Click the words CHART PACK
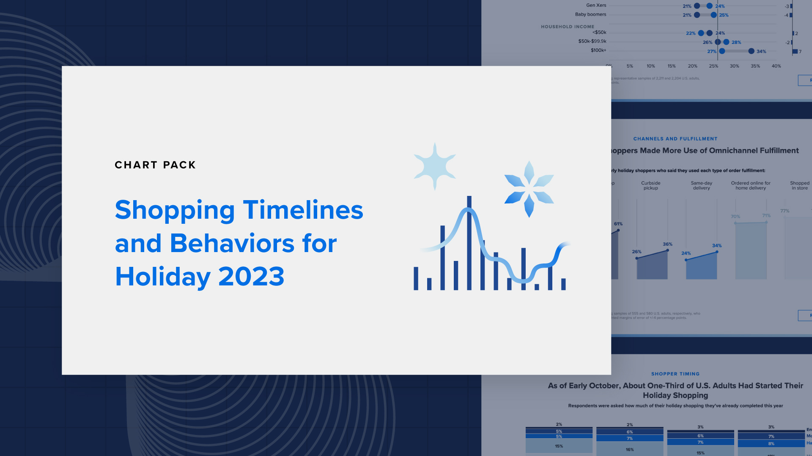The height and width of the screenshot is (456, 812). coord(155,165)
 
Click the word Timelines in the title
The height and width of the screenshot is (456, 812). coord(303,210)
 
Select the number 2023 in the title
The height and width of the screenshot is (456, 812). coord(251,277)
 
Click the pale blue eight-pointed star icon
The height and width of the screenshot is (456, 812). coord(435,166)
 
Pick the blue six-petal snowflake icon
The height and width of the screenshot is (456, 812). coord(529,189)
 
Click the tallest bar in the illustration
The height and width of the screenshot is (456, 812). coord(469,243)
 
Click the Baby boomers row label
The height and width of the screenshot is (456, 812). coord(590,14)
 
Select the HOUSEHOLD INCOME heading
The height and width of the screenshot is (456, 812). coord(567,27)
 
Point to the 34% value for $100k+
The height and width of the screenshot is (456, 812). coord(761,52)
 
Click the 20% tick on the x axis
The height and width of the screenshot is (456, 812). coord(692,66)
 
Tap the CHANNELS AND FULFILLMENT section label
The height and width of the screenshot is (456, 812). coord(675,139)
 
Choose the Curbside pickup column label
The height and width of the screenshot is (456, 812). coord(650,185)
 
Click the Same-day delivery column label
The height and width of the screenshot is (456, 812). coord(701,185)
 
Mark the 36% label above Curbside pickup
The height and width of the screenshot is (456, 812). coord(667,244)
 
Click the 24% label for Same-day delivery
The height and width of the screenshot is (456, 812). coord(686,253)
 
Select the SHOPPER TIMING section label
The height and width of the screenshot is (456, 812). coord(675,374)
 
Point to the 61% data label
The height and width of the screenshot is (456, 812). coord(618,224)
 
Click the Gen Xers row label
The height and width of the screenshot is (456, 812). coord(596,5)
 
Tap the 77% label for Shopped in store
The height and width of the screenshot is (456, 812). coord(785,211)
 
